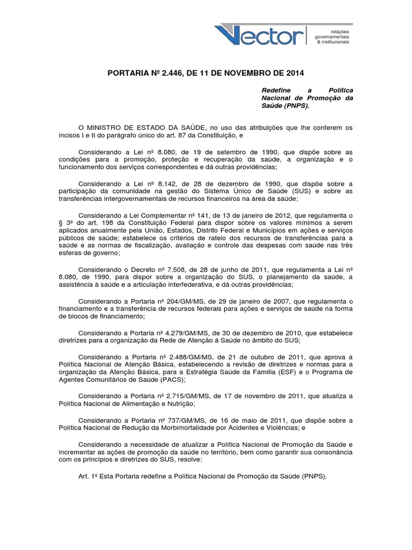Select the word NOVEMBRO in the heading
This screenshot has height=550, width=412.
click(253, 73)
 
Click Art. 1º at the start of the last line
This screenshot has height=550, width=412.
click(89, 476)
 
